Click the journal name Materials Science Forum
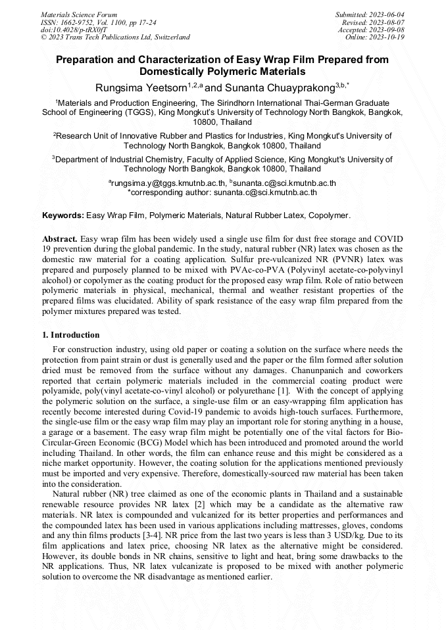pyautogui.click(x=79, y=14)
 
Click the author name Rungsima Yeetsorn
pyautogui.click(x=141, y=87)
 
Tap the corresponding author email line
pyautogui.click(x=222, y=192)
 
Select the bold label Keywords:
pyautogui.click(x=63, y=215)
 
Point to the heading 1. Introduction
pyautogui.click(x=71, y=335)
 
